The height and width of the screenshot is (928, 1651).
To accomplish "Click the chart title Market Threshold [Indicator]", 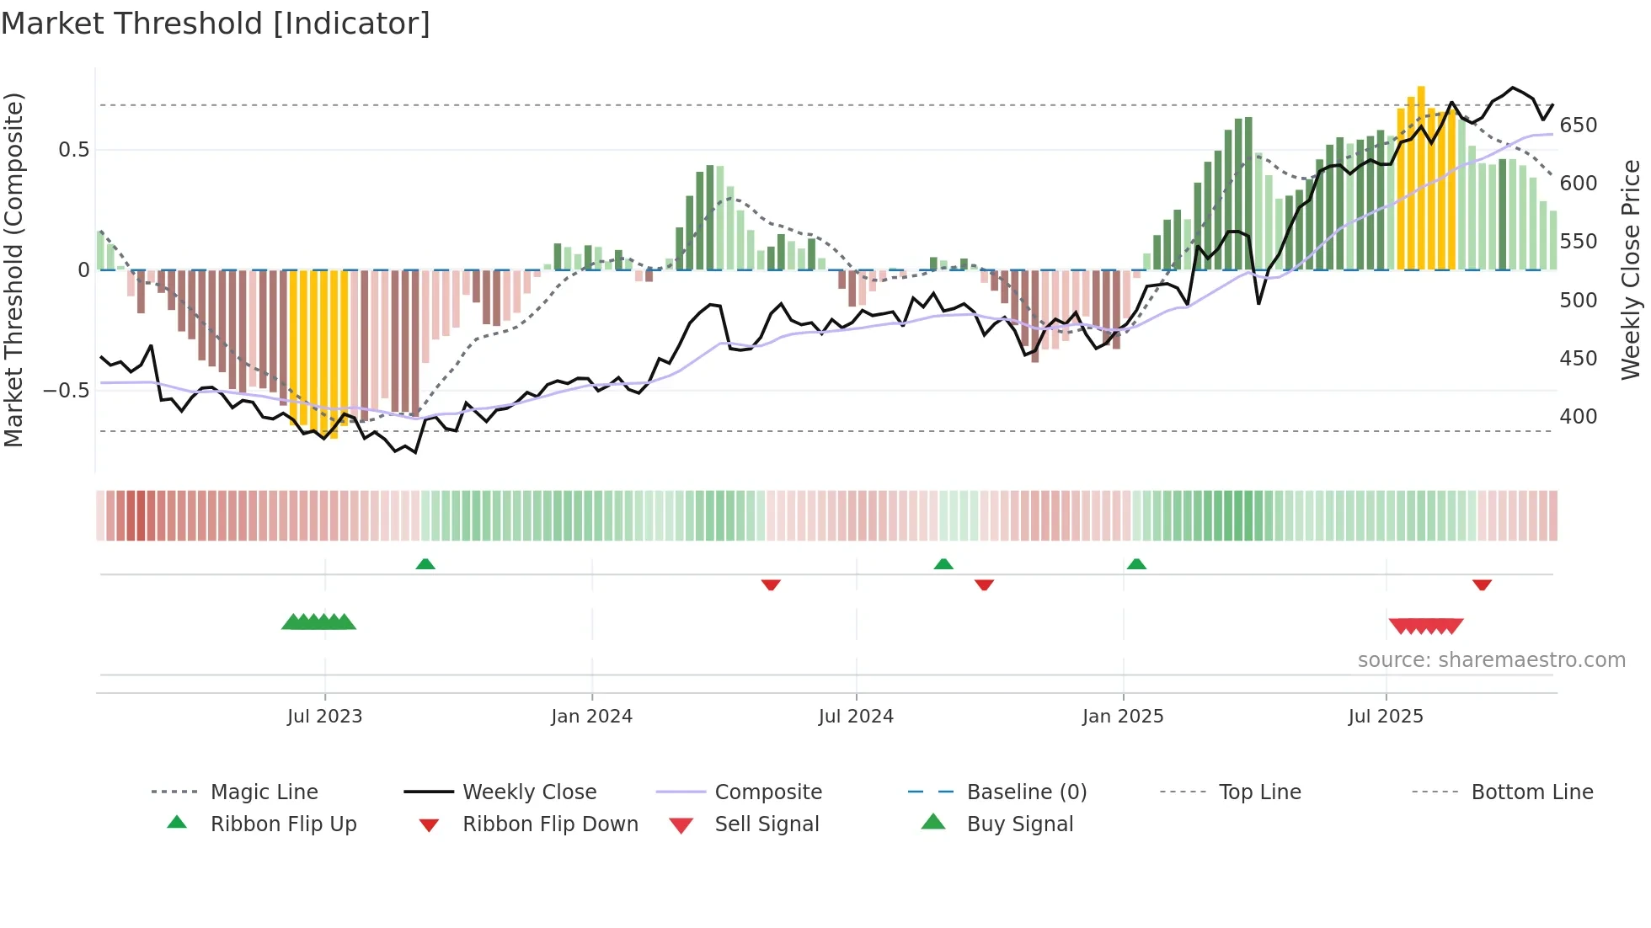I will click(x=216, y=24).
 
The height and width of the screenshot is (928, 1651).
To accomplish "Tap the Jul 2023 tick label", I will click(x=324, y=717).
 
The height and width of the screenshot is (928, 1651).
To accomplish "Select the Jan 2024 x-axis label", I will click(x=591, y=717).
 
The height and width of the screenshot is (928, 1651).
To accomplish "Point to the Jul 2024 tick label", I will click(x=856, y=717).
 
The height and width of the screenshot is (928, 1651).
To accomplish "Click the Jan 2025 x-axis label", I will click(x=1123, y=717).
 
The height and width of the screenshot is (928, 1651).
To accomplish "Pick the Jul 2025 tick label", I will click(x=1386, y=717).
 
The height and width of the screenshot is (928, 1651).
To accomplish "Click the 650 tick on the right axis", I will click(x=1579, y=125).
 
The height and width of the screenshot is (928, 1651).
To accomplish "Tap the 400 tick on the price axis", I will click(x=1579, y=417).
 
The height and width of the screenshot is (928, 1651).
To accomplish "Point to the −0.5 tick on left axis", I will click(x=66, y=391).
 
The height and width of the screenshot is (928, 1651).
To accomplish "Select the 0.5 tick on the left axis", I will click(x=73, y=150).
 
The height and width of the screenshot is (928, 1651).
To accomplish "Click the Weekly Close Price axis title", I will click(x=1631, y=269).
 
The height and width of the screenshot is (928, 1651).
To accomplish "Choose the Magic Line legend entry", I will click(x=264, y=792).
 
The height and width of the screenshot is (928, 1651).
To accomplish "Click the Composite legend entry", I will click(x=767, y=792).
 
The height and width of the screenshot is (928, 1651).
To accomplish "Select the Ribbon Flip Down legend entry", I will click(x=550, y=824).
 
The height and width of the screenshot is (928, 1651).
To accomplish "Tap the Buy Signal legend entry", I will click(x=1019, y=824).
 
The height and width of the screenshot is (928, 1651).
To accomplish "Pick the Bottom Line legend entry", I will click(x=1531, y=792).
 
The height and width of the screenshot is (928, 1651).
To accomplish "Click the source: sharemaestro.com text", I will click(x=1491, y=660).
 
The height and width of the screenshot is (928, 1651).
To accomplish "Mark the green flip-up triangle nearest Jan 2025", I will click(x=1136, y=564).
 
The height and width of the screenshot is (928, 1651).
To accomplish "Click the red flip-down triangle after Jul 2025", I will click(x=1482, y=584).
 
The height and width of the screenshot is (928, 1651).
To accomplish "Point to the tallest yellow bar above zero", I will click(x=1421, y=177).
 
